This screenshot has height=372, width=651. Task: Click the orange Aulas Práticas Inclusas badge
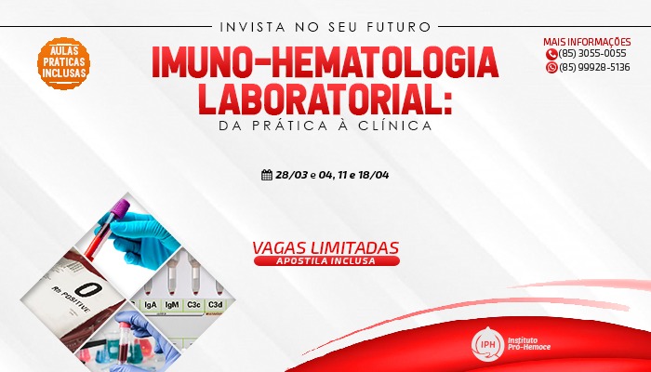tap(63, 63)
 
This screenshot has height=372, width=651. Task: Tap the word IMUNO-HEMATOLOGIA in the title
tap(325, 62)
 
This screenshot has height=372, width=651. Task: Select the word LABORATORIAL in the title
tap(319, 100)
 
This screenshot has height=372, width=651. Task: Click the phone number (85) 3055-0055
tap(592, 54)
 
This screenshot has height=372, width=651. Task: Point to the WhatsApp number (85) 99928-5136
tap(594, 67)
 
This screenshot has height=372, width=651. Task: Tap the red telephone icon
tap(551, 54)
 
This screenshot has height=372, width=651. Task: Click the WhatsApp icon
tap(551, 68)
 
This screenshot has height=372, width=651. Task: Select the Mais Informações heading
tap(587, 42)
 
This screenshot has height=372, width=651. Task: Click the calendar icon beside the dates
tap(267, 175)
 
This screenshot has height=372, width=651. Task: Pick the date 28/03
tap(292, 175)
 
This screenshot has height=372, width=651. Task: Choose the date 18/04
tap(374, 175)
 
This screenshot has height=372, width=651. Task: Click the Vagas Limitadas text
tap(325, 248)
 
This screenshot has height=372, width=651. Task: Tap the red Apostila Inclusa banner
tap(326, 260)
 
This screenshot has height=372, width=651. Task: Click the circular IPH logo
tap(488, 344)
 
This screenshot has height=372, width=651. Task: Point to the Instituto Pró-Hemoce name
tap(529, 343)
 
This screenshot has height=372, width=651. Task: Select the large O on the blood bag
tap(88, 289)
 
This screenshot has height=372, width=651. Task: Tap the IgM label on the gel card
tap(172, 305)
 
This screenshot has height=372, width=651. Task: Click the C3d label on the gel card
tap(215, 305)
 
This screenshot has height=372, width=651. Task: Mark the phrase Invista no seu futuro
tap(325, 27)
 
